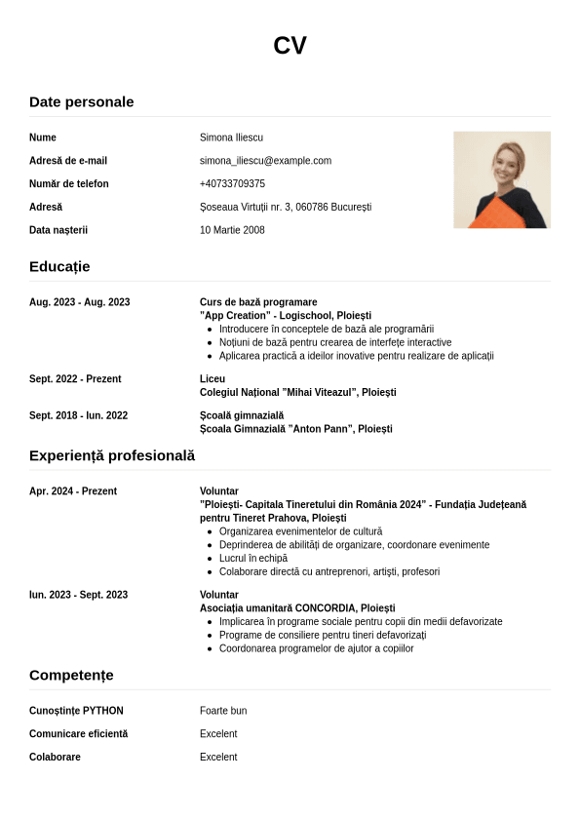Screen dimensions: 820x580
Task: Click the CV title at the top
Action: (290, 46)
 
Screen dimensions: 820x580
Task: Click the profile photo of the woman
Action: (501, 179)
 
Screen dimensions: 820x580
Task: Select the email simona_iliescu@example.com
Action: (265, 161)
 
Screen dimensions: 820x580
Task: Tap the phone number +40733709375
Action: (232, 184)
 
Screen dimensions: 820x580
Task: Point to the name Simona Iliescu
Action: (231, 137)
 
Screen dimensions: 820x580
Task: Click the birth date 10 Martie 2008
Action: (232, 230)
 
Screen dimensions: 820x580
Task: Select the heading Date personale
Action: (82, 102)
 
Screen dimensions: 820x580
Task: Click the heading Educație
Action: (59, 266)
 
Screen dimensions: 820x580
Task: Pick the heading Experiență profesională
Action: (112, 455)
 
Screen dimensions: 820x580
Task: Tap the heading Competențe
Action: (71, 675)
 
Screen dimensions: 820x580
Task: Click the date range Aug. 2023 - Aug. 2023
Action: (79, 302)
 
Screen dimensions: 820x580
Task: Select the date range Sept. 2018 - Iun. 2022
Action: (78, 415)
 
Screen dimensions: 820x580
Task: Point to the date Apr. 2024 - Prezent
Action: (73, 491)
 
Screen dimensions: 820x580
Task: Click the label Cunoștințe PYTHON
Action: (76, 711)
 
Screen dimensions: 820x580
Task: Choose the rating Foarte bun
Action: (223, 711)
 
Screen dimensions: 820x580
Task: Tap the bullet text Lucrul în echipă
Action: (253, 559)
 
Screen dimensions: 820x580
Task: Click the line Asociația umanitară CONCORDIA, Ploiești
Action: (297, 608)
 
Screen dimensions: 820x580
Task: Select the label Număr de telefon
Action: (69, 184)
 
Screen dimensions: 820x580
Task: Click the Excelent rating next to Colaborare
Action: (218, 757)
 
